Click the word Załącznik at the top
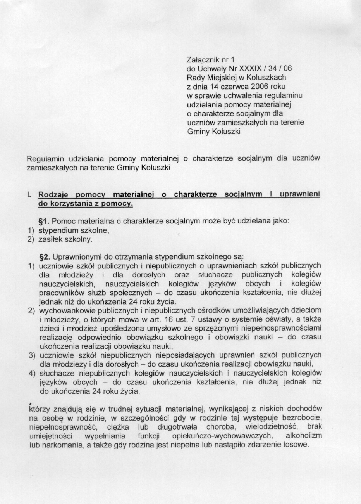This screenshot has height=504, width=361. tap(200, 60)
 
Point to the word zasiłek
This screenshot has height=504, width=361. tap(49, 239)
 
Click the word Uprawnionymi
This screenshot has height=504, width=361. tap(74, 257)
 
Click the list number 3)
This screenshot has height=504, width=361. tap(32, 355)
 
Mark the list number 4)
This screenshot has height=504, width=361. tap(32, 373)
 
